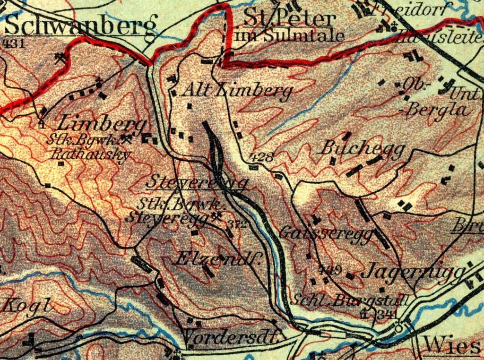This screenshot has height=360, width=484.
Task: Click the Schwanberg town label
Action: (x=80, y=26)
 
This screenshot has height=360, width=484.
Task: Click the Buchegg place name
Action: (x=363, y=149)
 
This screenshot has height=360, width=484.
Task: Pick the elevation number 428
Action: (x=260, y=157)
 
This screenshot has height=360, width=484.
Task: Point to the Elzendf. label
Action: (x=218, y=258)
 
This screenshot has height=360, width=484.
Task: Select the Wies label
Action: (x=452, y=346)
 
